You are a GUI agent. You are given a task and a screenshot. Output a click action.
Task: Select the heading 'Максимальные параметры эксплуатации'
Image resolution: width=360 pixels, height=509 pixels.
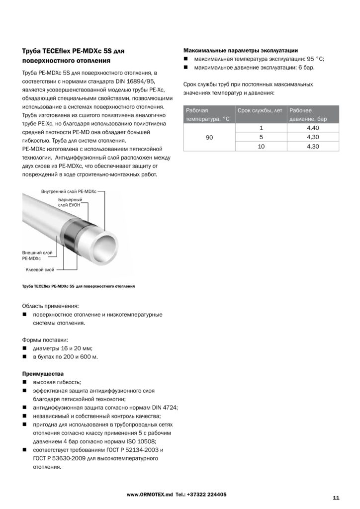[x=241, y=51]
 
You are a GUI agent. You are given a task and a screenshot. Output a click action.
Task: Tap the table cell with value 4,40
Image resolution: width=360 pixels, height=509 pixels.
[x=313, y=127]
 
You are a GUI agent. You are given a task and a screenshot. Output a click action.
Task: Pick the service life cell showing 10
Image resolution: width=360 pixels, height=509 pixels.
[x=261, y=146]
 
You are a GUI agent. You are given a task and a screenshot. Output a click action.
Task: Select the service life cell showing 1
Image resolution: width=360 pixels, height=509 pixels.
[x=261, y=127]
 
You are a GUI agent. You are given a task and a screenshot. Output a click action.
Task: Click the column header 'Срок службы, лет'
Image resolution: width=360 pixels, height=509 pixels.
[x=260, y=110]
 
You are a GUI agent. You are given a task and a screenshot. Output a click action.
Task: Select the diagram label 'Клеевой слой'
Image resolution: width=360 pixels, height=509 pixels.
[x=40, y=269]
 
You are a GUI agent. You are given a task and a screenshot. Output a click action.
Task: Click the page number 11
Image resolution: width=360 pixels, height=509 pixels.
[x=336, y=498]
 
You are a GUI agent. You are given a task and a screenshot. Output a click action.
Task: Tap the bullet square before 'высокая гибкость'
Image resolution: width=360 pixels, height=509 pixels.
[x=24, y=382]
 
